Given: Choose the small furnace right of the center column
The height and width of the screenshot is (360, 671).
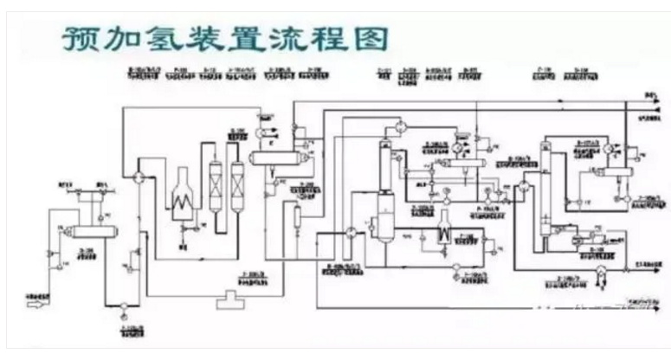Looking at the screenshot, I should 444,227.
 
